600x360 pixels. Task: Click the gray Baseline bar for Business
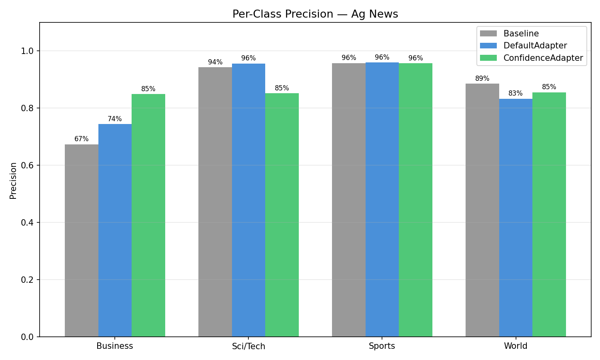pyautogui.click(x=82, y=240)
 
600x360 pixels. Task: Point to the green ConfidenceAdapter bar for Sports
pyautogui.click(x=416, y=200)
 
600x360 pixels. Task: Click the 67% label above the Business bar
pyautogui.click(x=82, y=139)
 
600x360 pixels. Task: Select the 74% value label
pyautogui.click(x=115, y=119)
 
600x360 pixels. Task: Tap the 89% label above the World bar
pyautogui.click(x=482, y=78)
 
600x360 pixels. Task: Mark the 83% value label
pyautogui.click(x=516, y=94)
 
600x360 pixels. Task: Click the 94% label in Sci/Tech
pyautogui.click(x=215, y=62)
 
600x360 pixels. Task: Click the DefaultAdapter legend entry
pyautogui.click(x=535, y=46)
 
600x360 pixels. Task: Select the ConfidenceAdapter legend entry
pyautogui.click(x=543, y=58)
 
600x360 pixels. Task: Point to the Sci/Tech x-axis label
pyautogui.click(x=248, y=346)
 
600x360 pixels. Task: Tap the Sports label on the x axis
pyautogui.click(x=382, y=346)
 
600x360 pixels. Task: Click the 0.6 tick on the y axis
pyautogui.click(x=28, y=165)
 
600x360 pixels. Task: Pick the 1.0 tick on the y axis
pyautogui.click(x=28, y=51)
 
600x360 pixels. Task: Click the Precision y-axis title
pyautogui.click(x=13, y=180)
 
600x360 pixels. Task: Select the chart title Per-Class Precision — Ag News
pyautogui.click(x=315, y=14)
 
